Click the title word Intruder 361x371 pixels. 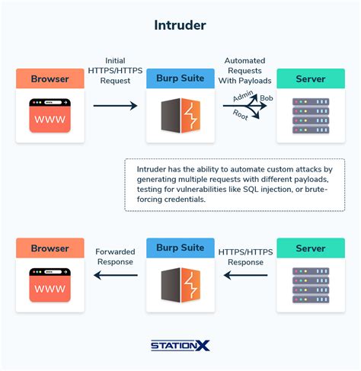(180, 26)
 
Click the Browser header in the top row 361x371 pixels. (50, 78)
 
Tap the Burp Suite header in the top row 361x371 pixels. (180, 78)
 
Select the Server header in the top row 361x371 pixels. (310, 78)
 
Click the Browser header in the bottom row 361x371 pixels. (50, 248)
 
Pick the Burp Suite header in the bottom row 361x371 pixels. (180, 248)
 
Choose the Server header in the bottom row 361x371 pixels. (310, 248)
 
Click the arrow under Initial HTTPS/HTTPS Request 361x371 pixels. (115, 107)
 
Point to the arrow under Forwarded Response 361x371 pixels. (115, 276)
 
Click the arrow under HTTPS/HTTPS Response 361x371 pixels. (245, 276)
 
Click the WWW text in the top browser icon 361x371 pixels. (50, 118)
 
